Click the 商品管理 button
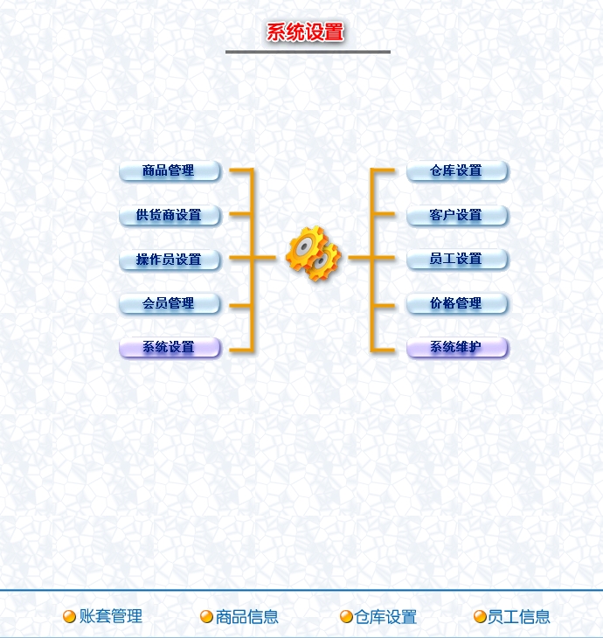click(x=170, y=171)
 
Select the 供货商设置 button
click(x=170, y=215)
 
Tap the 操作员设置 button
click(x=170, y=260)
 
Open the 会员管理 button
click(x=170, y=304)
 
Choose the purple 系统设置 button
click(x=170, y=348)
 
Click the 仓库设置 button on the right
click(x=457, y=171)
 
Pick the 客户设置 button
click(x=457, y=215)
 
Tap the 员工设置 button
click(x=457, y=260)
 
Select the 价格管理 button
click(x=457, y=304)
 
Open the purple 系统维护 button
click(x=457, y=348)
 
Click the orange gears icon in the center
click(x=312, y=253)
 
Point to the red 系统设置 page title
click(x=305, y=33)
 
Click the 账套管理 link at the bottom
click(x=111, y=616)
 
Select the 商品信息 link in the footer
click(x=247, y=617)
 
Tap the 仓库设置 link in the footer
click(x=385, y=617)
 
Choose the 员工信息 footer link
click(x=519, y=617)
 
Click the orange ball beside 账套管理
click(x=70, y=617)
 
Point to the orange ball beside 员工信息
click(x=480, y=617)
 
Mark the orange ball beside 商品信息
click(x=207, y=617)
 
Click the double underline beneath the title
click(x=308, y=52)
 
